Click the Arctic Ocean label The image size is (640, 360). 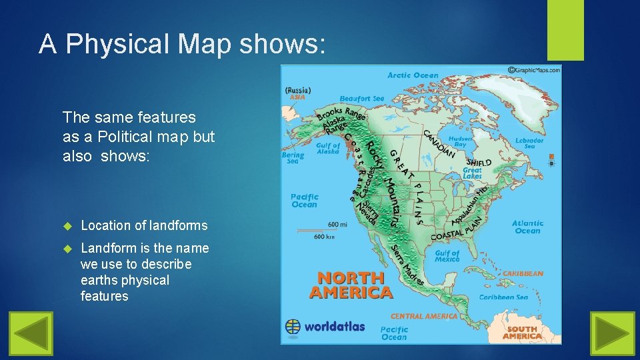coord(413,75)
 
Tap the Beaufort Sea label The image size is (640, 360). coord(362,99)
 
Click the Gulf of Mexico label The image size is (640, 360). coord(447,256)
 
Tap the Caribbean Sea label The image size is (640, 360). coord(503,297)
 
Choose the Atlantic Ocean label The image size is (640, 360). coord(527,227)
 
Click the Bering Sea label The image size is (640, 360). coord(293,158)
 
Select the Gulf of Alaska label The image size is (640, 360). coord(327,149)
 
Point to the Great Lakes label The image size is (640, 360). coord(472,173)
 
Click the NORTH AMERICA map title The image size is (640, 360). coord(351,285)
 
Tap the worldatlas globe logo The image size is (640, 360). coord(293,327)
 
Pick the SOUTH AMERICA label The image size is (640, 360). coord(522,333)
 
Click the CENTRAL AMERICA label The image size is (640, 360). coord(424,316)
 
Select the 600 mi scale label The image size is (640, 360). coord(337,224)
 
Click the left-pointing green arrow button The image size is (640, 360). coord(31,333)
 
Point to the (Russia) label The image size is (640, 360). coord(297,90)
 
